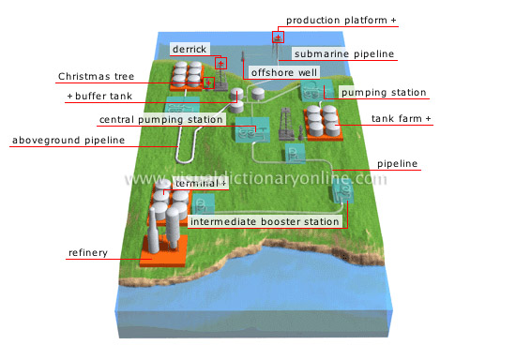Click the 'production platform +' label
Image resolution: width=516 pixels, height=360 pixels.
[341, 20]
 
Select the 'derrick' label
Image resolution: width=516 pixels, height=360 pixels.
[190, 49]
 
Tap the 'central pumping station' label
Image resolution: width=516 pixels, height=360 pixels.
[161, 120]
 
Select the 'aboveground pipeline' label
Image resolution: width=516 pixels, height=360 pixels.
[67, 141]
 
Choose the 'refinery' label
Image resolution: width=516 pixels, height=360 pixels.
[86, 252]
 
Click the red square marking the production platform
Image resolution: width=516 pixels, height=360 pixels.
[278, 37]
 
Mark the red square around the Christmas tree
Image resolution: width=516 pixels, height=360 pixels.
[209, 82]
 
